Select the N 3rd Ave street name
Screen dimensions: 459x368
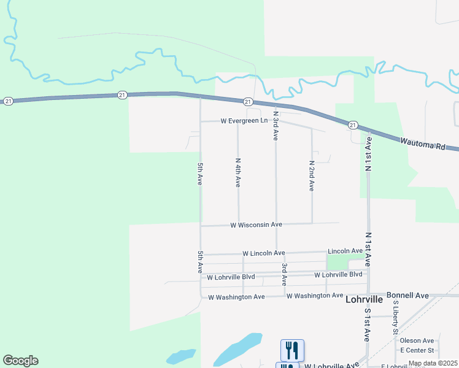click(276, 126)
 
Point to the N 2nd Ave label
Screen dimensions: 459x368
click(312, 176)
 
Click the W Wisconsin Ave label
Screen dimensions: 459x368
click(256, 225)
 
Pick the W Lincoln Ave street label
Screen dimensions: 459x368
click(264, 253)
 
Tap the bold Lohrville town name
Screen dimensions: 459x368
click(364, 300)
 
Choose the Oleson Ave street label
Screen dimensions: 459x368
click(417, 340)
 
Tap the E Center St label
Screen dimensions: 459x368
click(417, 350)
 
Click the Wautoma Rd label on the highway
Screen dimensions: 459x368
click(422, 143)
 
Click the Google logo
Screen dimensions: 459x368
click(20, 361)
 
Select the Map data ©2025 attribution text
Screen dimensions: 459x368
click(433, 363)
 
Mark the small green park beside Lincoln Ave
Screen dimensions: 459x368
click(336, 262)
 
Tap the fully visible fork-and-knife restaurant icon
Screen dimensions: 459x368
click(292, 350)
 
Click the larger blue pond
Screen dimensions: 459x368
click(239, 350)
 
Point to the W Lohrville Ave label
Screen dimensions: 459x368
click(331, 366)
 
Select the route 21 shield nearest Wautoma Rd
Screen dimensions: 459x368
click(352, 125)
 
